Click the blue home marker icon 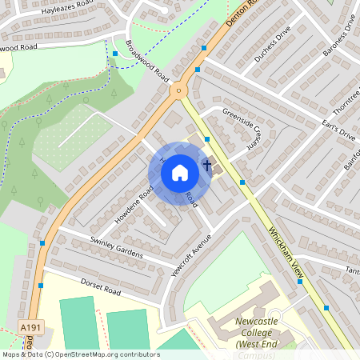tap(180, 173)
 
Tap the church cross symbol tap(207, 166)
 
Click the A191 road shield tap(30, 328)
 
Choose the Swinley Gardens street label tap(116, 247)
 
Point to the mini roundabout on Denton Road tap(178, 90)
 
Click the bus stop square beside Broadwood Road tap(115, 54)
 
